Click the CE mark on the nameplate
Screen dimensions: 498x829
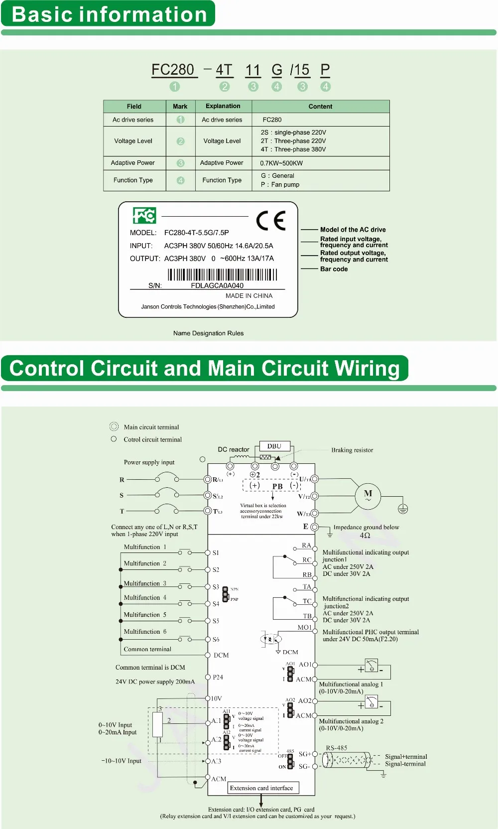tap(271, 220)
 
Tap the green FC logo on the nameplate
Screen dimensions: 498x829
tap(144, 215)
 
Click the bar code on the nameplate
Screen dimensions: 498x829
tap(222, 275)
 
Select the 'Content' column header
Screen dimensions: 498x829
tap(320, 107)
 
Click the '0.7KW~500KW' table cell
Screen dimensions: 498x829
tap(281, 163)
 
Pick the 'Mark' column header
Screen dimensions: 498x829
tap(180, 107)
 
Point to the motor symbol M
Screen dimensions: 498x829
tap(368, 495)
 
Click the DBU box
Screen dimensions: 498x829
tap(274, 446)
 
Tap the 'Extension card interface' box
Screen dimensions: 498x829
tap(261, 788)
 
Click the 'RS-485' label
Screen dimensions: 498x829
tap(337, 748)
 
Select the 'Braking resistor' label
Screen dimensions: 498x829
tap(352, 450)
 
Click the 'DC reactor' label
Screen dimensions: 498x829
tap(234, 449)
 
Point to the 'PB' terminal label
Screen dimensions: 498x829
tap(277, 486)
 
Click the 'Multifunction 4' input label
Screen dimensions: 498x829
tap(145, 597)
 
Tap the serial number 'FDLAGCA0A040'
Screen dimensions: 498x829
tap(217, 285)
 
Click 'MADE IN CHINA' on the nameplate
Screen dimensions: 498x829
tap(249, 296)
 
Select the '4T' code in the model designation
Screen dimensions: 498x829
tap(224, 70)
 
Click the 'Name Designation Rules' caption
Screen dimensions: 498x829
tap(208, 333)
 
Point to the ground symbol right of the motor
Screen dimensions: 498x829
tap(403, 509)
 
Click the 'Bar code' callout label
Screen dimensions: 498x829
tap(334, 269)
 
